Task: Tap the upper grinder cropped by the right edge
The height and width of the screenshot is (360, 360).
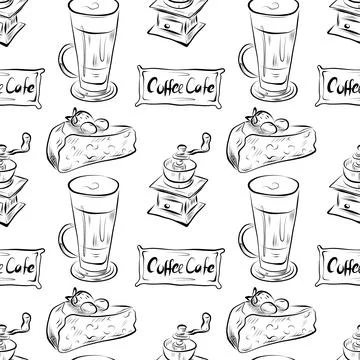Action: pyautogui.click(x=350, y=180)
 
